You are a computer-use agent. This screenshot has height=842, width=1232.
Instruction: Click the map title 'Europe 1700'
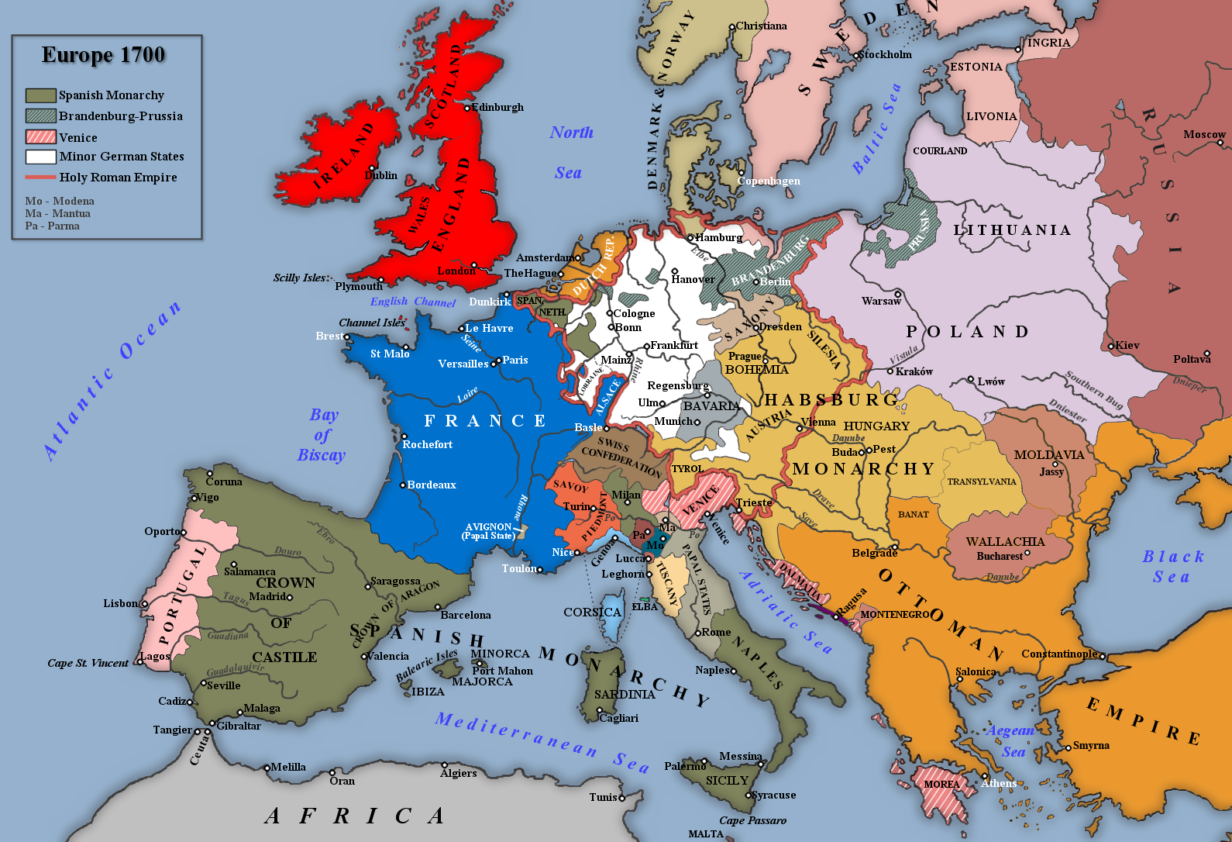coord(103,55)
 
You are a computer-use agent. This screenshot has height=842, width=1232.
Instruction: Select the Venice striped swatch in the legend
coord(40,137)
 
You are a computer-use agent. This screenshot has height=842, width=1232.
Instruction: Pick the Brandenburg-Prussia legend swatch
coord(40,116)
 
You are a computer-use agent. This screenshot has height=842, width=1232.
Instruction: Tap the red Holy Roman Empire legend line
coord(40,177)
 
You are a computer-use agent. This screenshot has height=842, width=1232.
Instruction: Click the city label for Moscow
coord(1203,134)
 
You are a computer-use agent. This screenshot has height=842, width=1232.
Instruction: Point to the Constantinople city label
coord(1058,654)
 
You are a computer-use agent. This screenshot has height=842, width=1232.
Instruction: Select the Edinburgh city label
coord(497,107)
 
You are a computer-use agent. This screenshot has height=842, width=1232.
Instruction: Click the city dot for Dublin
coord(372,168)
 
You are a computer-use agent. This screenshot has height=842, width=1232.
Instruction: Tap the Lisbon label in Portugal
coord(120,603)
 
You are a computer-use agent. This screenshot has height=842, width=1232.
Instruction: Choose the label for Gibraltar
coord(239,726)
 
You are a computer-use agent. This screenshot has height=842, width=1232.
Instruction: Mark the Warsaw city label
coord(880,301)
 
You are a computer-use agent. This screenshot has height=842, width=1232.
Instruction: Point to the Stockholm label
coord(885,54)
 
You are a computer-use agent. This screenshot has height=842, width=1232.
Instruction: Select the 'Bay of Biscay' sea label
coord(322,435)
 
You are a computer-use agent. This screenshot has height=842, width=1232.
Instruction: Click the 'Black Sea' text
coord(1172,566)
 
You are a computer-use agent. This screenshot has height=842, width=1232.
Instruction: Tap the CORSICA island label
coord(592,612)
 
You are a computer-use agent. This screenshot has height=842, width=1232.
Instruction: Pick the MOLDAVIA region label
coord(1048,454)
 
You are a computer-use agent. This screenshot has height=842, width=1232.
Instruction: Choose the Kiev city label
coord(1127,345)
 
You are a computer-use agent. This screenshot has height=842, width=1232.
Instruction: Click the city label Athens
coord(999,783)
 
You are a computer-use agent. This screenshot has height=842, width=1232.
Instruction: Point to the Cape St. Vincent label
coord(88,663)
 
